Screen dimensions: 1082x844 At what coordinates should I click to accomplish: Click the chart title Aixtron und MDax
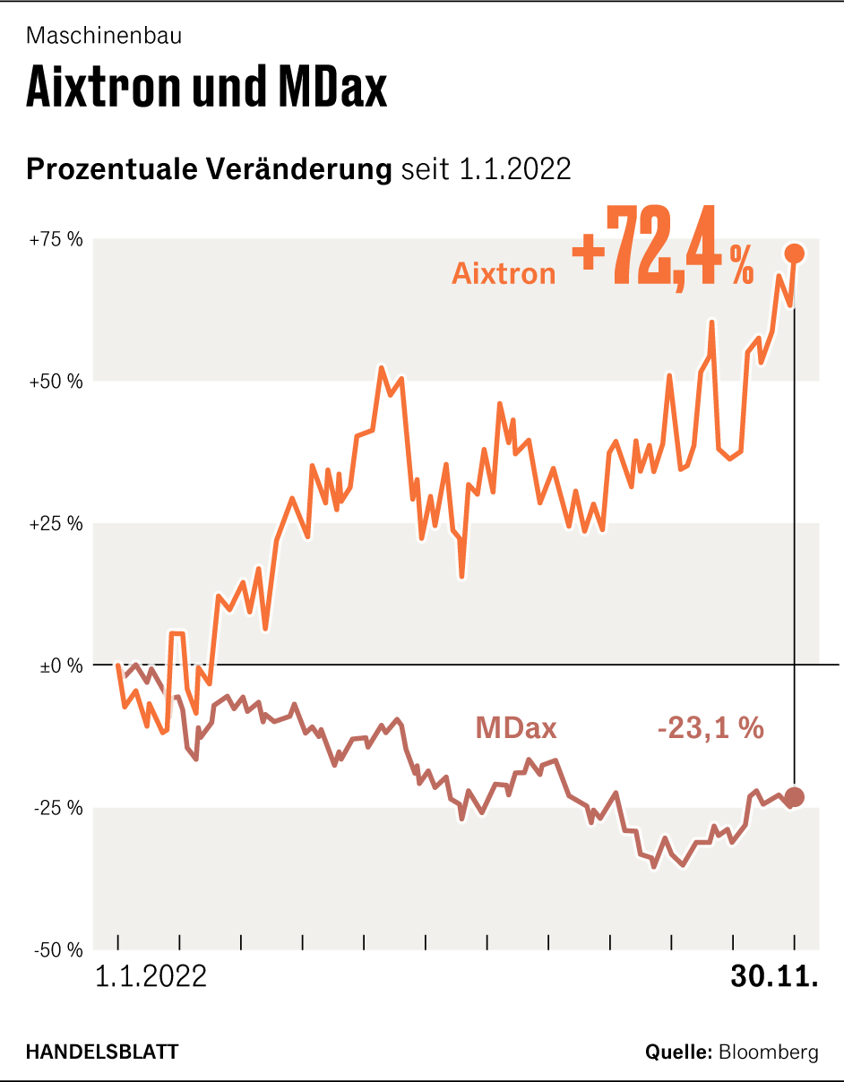[207, 88]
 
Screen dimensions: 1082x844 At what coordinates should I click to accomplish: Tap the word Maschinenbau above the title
[105, 36]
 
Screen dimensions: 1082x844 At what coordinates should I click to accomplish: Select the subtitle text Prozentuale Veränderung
[210, 169]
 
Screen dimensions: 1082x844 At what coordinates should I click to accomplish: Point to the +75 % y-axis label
[56, 240]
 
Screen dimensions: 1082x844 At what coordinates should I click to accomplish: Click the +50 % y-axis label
[56, 382]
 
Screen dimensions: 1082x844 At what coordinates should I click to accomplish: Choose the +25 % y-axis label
[56, 523]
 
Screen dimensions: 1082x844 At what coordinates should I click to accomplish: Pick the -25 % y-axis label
[58, 808]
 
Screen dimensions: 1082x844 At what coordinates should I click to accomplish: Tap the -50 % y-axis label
[58, 950]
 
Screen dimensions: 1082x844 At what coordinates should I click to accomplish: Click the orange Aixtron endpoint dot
[794, 253]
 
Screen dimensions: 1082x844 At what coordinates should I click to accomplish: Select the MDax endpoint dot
[794, 796]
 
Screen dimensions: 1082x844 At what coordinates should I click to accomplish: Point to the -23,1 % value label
[711, 728]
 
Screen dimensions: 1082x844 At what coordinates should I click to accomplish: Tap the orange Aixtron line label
[504, 273]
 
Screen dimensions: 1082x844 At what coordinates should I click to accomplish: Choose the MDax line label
[516, 728]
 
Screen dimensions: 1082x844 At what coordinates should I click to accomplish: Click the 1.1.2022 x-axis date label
[151, 976]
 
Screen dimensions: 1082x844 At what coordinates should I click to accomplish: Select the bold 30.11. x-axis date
[774, 976]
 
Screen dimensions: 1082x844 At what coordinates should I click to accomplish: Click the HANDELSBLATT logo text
[101, 1052]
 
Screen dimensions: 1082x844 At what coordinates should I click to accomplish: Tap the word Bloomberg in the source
[769, 1052]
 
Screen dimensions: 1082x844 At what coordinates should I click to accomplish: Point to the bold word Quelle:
[678, 1052]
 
